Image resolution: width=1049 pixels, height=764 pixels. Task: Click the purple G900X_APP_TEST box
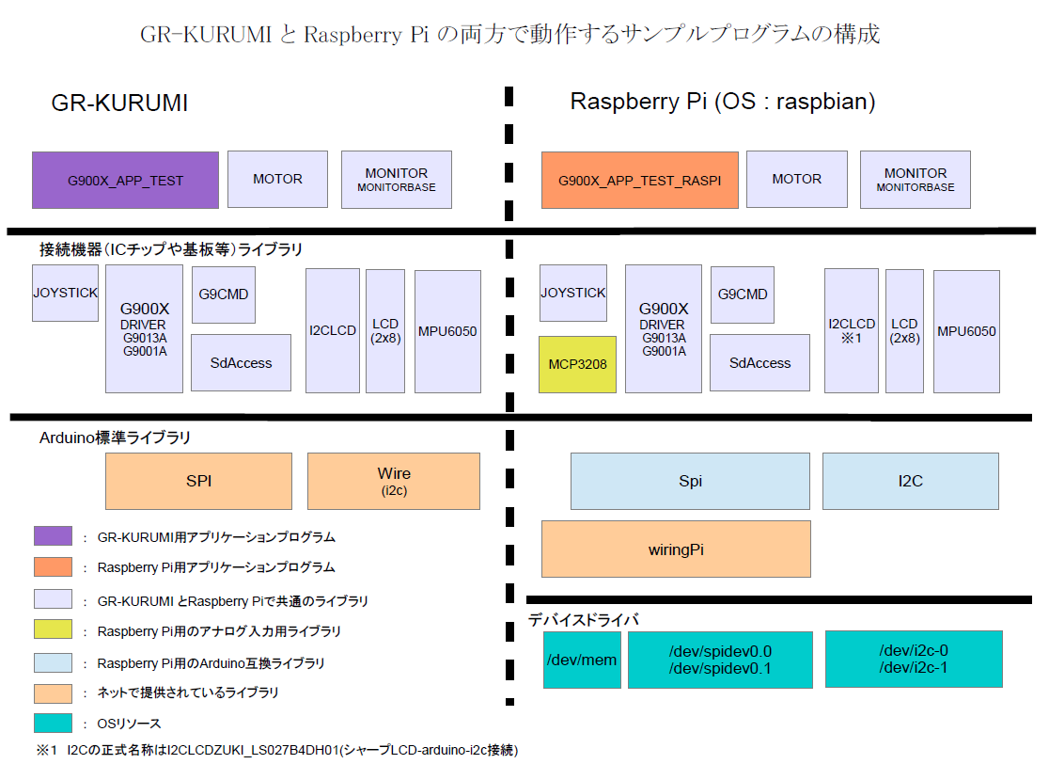tap(125, 180)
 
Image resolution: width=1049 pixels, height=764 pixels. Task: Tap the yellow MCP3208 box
tap(577, 364)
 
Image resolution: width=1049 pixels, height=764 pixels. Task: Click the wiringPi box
tap(676, 549)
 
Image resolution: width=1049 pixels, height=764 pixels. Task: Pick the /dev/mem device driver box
tap(581, 660)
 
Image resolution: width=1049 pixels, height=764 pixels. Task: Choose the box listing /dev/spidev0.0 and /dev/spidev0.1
tap(719, 660)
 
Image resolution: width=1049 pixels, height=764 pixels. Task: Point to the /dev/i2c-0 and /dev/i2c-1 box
tap(913, 660)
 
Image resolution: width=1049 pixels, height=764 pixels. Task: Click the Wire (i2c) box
tap(394, 481)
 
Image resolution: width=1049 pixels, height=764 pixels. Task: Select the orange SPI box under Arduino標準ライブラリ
tap(198, 481)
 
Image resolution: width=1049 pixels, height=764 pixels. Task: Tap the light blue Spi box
tap(690, 481)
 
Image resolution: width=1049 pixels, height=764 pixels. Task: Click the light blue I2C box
tap(910, 481)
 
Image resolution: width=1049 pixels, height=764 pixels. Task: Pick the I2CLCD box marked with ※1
tap(852, 330)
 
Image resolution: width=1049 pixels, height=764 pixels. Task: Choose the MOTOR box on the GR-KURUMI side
tap(277, 179)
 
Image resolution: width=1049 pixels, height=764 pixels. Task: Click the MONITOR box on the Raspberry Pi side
tap(915, 179)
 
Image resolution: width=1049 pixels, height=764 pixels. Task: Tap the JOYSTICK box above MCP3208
tap(572, 293)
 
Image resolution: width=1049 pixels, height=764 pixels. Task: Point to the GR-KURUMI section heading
tap(119, 103)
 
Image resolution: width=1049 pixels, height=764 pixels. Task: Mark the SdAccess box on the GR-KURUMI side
tap(242, 362)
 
